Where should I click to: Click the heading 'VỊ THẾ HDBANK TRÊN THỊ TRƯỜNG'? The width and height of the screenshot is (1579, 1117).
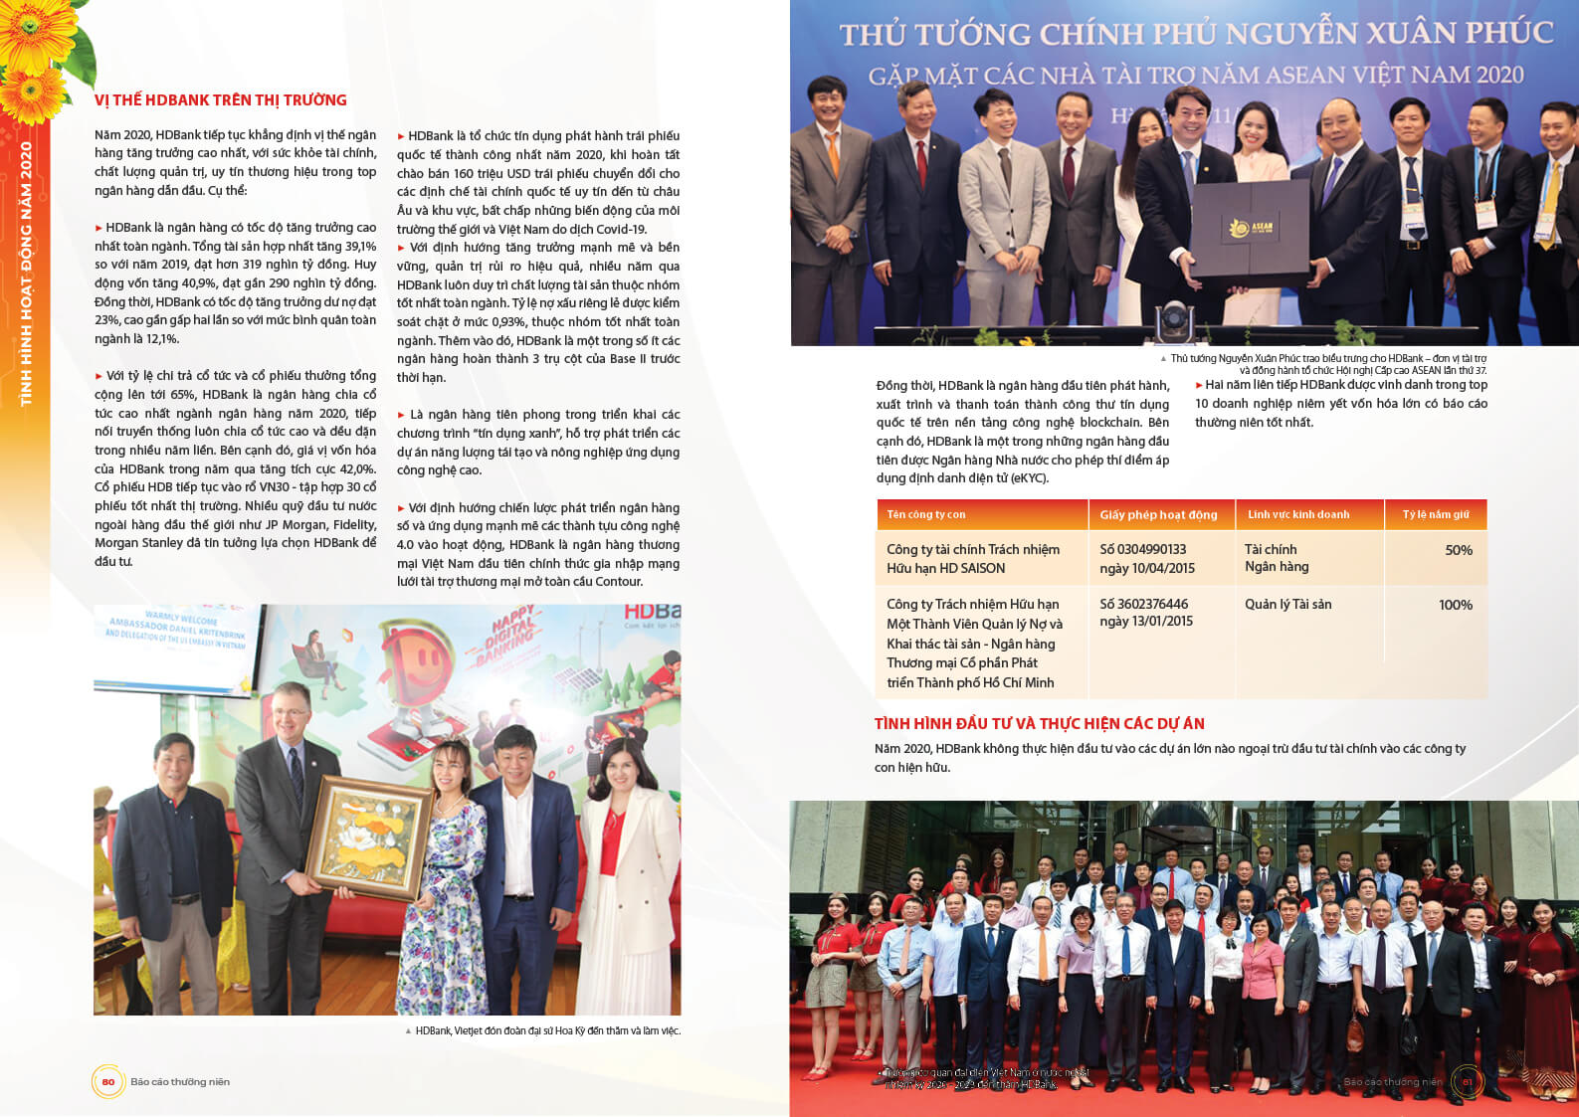click(220, 100)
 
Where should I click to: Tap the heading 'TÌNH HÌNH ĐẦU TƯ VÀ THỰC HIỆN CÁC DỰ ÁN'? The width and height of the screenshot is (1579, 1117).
click(1039, 724)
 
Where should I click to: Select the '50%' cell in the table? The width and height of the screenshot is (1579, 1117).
click(1458, 550)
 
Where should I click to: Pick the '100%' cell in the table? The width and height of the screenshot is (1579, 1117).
click(1455, 605)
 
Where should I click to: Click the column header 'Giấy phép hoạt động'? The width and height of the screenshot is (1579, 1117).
click(1158, 515)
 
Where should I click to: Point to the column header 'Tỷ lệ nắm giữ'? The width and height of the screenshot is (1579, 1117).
click(1435, 514)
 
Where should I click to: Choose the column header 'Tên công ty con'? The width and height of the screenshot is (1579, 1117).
click(925, 514)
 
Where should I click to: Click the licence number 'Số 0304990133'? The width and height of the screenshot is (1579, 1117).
click(1142, 549)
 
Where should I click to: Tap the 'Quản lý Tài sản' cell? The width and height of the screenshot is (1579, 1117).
click(1287, 604)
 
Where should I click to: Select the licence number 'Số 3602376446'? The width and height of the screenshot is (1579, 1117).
click(1143, 604)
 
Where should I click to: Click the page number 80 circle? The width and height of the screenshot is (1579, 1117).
click(108, 1082)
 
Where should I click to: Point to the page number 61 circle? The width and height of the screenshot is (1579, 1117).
click(1467, 1082)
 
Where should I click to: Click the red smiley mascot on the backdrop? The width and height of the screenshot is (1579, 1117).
click(420, 660)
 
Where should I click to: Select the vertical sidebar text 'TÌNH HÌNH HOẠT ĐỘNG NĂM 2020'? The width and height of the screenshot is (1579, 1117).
click(26, 274)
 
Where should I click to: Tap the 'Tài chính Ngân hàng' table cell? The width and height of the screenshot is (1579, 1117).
click(1277, 558)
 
